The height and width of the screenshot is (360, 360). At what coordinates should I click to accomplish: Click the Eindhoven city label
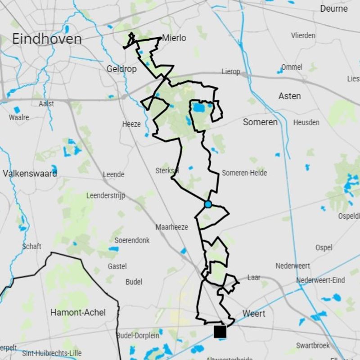pyautogui.click(x=47, y=39)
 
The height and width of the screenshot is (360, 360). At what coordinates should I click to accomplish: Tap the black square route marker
pyautogui.click(x=220, y=332)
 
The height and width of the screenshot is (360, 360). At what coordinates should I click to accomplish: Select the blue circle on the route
pyautogui.click(x=208, y=204)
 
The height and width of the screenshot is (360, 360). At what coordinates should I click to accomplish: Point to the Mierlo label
pyautogui.click(x=174, y=38)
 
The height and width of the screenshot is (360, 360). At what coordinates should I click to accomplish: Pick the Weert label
pyautogui.click(x=254, y=313)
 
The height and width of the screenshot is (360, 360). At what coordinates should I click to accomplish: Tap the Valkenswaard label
pyautogui.click(x=30, y=173)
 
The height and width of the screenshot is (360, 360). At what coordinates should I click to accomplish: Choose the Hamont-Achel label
pyautogui.click(x=78, y=312)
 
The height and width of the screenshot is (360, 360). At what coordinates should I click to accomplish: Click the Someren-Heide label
pyautogui.click(x=244, y=173)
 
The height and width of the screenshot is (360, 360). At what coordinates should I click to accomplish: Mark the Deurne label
pyautogui.click(x=334, y=9)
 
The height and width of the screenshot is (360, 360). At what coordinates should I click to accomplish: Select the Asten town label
pyautogui.click(x=289, y=96)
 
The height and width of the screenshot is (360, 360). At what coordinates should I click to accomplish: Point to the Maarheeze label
pyautogui.click(x=172, y=227)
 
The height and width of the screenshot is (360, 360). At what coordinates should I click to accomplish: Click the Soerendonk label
pyautogui.click(x=132, y=240)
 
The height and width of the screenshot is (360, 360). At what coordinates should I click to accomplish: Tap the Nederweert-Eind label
pyautogui.click(x=320, y=280)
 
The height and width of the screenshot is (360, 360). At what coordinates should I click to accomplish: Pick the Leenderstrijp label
pyautogui.click(x=106, y=196)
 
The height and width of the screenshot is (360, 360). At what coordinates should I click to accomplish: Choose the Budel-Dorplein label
pyautogui.click(x=138, y=335)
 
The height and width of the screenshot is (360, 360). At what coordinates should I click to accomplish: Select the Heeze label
pyautogui.click(x=131, y=124)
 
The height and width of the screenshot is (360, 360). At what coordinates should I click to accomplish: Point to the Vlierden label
pyautogui.click(x=303, y=36)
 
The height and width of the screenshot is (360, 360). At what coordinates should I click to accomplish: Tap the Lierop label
pyautogui.click(x=231, y=72)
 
